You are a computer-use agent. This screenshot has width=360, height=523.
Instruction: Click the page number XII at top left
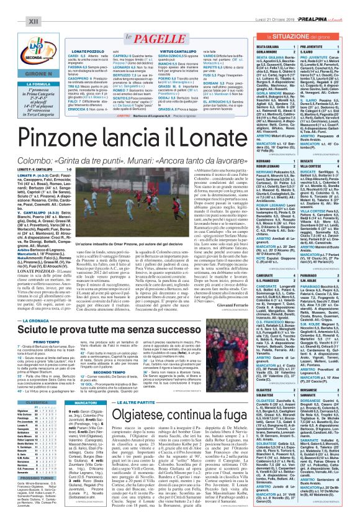pos(14,6)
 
